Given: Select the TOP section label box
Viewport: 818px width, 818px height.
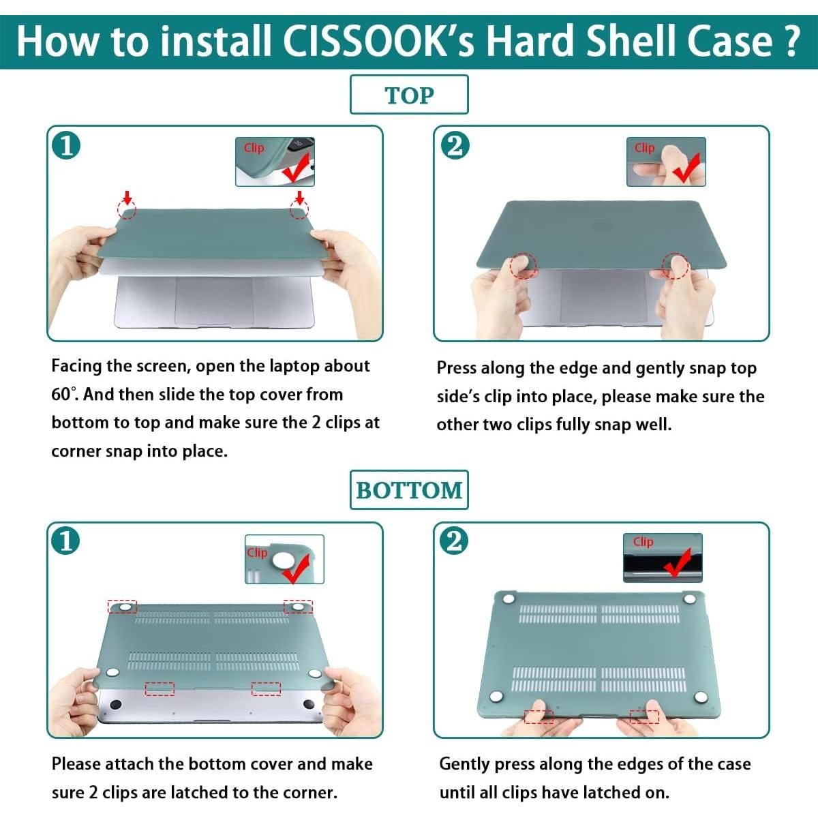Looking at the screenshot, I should pos(409,95).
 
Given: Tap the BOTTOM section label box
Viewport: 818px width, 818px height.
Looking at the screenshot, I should pos(409,489).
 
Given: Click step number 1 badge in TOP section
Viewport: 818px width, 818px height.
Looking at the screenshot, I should pos(66,145).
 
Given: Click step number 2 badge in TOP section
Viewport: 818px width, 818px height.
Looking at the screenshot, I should pos(455,145).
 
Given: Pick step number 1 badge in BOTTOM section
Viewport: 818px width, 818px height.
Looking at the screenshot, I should pos(65,541).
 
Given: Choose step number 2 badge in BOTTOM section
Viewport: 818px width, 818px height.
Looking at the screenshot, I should pos(454,541).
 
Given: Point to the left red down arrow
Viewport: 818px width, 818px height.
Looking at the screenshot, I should pos(126,197).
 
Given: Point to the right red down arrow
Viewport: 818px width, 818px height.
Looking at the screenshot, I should pos(299,197).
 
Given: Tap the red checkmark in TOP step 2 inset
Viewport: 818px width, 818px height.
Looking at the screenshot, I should pos(686,167).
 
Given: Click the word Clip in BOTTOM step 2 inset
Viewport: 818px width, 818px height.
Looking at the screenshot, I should pos(643,542).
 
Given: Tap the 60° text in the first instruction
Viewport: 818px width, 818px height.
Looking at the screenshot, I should pos(61,395).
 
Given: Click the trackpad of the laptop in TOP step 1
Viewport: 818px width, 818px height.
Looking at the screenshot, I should pos(214,300).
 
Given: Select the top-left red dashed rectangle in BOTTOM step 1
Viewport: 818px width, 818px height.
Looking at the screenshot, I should pos(122,607).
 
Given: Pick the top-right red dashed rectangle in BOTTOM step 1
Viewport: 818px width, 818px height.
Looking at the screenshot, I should pos(298,606).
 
